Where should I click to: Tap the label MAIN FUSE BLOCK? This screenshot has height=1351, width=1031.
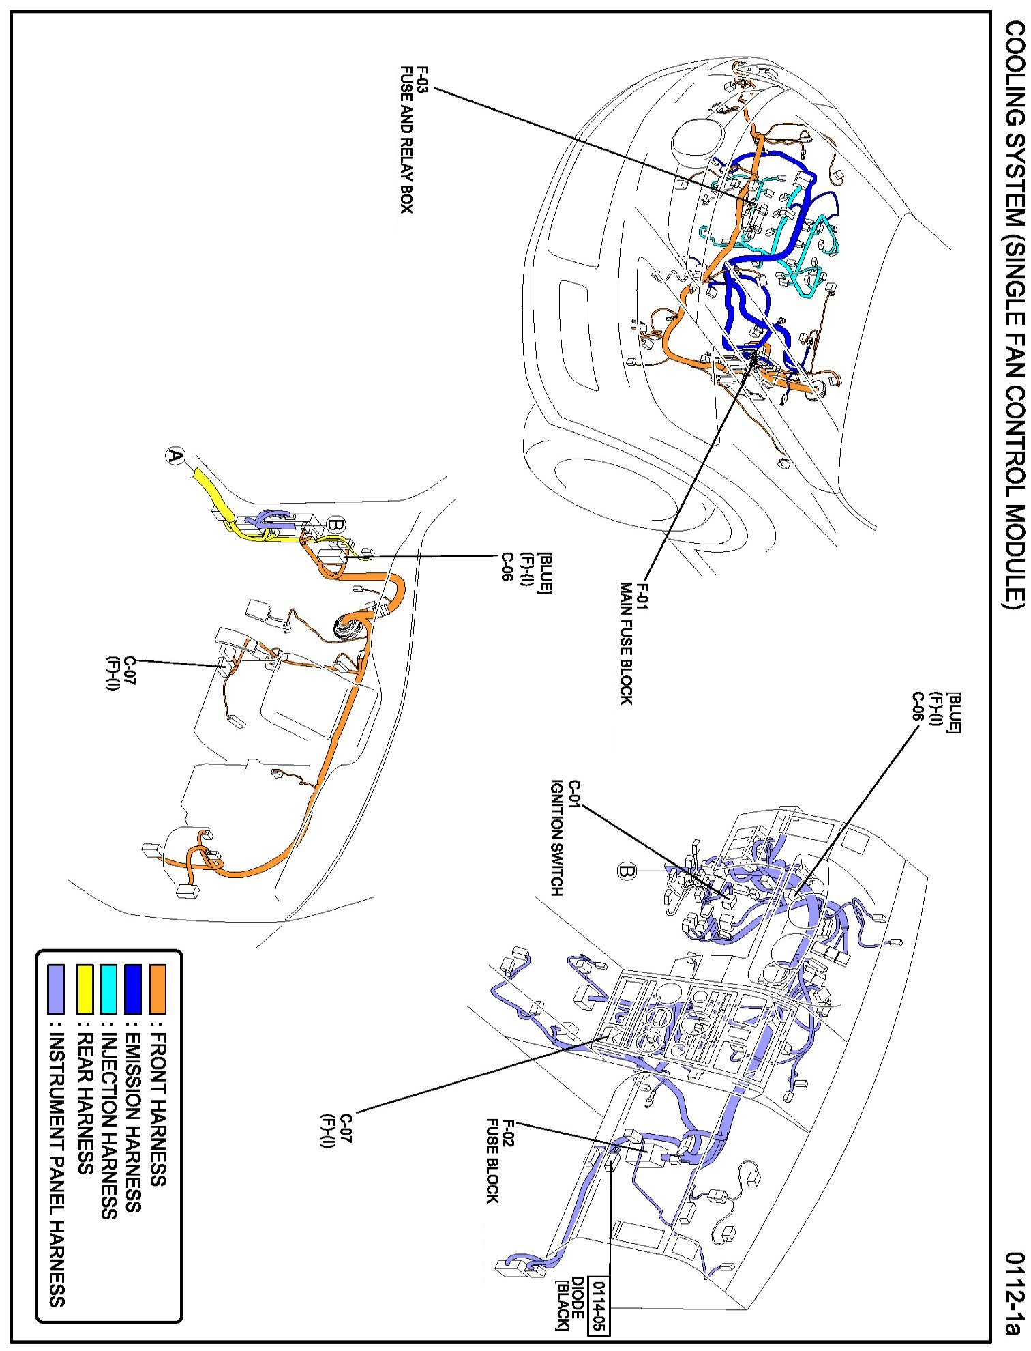coord(627,643)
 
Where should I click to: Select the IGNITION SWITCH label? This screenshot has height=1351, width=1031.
coord(557,839)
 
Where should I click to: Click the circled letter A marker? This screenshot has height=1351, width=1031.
coord(176,456)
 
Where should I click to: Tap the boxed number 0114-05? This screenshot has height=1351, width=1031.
coord(601,1296)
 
